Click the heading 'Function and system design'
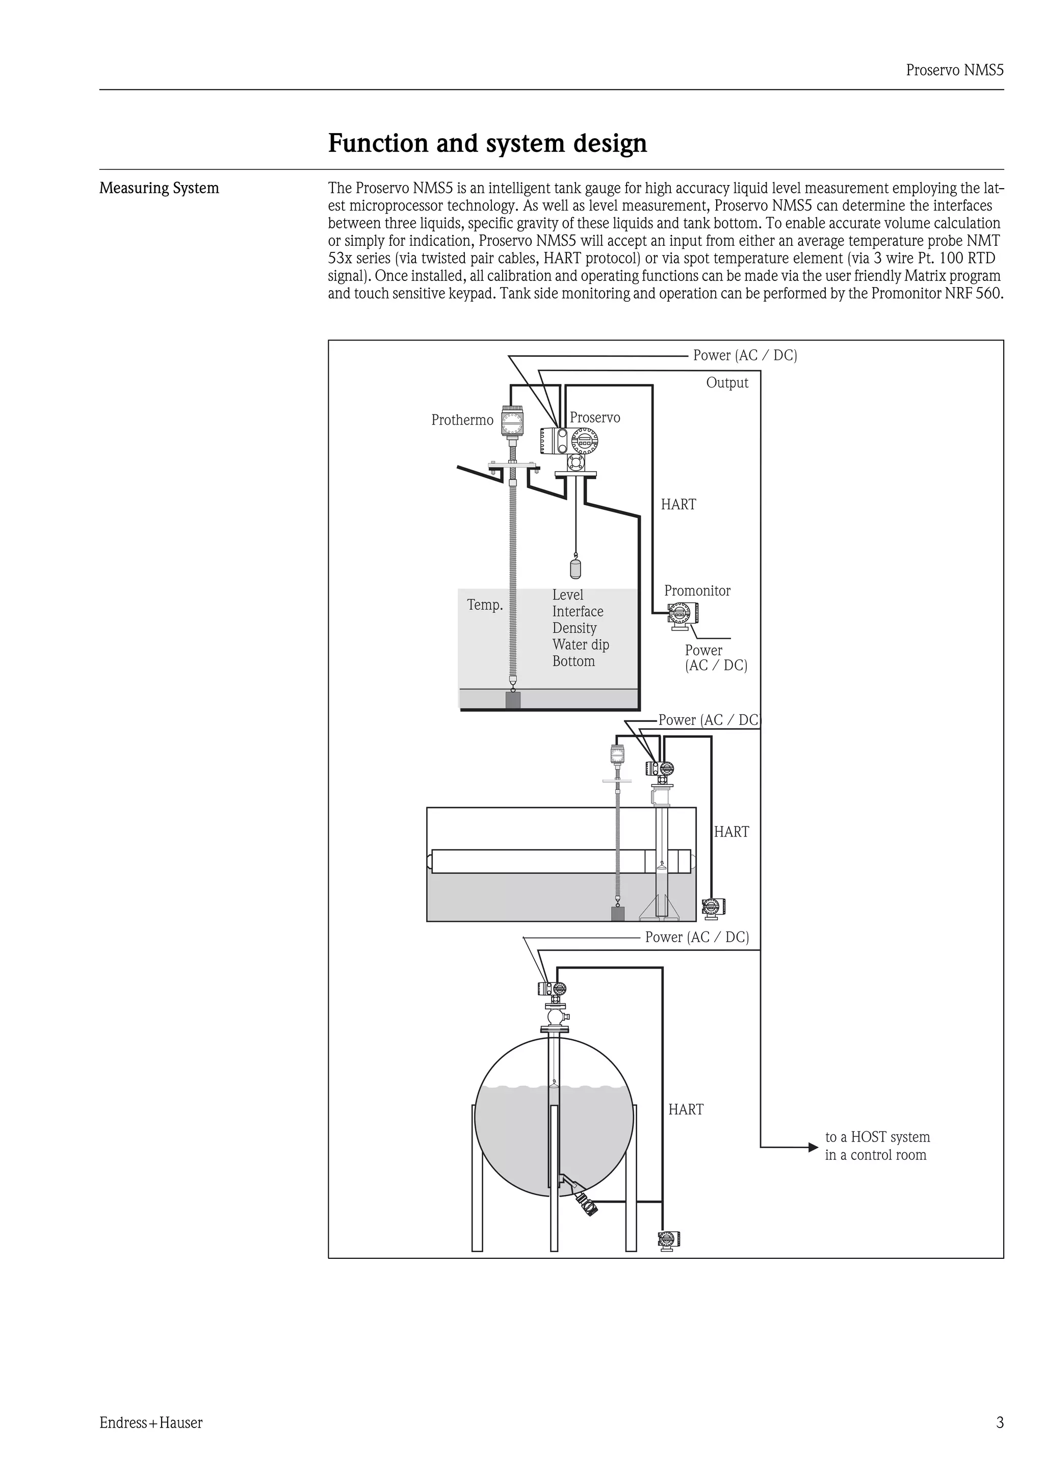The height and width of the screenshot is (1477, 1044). coord(487,143)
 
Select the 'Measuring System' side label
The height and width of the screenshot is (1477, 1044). coord(159,189)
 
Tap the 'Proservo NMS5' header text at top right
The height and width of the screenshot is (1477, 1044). coord(954,70)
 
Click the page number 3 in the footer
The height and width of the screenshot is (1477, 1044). coord(999,1422)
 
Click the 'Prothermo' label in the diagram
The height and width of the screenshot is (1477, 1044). coord(462,420)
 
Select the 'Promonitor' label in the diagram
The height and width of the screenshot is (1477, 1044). coord(697,590)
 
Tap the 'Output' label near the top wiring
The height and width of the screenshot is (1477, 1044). coord(727,383)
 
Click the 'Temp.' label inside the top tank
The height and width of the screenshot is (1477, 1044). coord(484,605)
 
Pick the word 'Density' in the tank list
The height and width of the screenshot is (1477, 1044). coord(574,628)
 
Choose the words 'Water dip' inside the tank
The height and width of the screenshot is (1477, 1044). coord(580,644)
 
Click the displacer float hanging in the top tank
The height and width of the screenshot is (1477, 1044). coord(575,567)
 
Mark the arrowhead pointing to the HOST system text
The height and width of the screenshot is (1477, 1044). coord(813,1147)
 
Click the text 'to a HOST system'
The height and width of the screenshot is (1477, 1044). coord(877,1137)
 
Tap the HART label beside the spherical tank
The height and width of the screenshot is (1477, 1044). coord(685,1110)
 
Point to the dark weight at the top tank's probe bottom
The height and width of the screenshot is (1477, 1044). coord(513,700)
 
